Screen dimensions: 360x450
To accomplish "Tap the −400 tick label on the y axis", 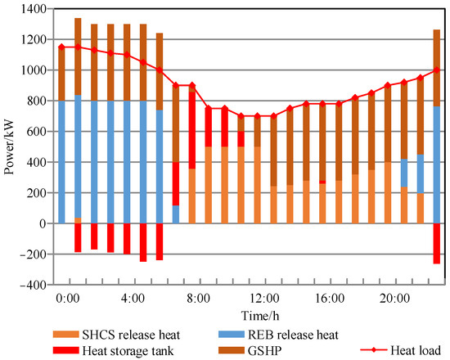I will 29,286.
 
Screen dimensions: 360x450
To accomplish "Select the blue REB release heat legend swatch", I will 234,335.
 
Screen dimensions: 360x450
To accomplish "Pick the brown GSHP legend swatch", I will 234,349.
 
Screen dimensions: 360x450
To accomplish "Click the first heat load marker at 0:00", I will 61,47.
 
